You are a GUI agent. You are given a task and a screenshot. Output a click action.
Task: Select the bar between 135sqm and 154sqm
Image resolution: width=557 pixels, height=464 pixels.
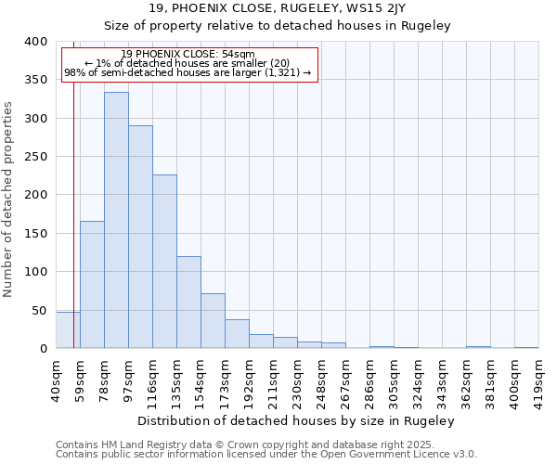pos(188,303)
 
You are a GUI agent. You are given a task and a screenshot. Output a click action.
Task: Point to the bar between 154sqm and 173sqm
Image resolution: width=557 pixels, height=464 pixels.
pos(213,321)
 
